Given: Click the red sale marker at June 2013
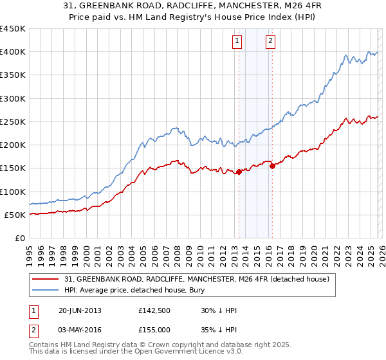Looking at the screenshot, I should point(239,172).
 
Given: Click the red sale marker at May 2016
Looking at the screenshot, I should point(271,166).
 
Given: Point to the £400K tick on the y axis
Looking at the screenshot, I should point(13,52).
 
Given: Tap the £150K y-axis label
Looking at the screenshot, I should point(13,168).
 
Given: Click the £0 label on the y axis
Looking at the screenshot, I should point(19,239).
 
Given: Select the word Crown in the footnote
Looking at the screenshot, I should point(170,345).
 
